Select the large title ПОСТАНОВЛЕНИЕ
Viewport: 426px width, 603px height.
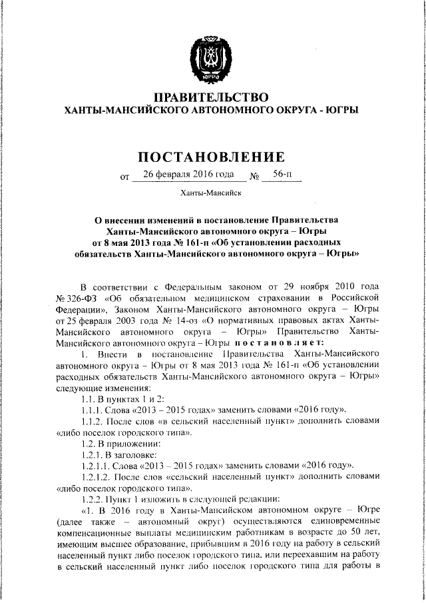coord(211,157)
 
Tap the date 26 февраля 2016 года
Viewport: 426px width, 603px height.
coord(178,175)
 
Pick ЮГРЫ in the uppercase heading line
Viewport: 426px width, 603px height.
coord(342,109)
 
